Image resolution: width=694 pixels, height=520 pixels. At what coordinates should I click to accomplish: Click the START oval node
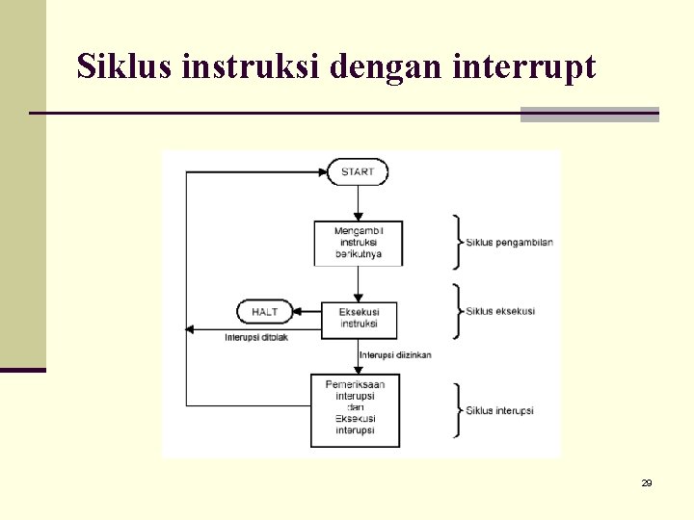click(x=358, y=172)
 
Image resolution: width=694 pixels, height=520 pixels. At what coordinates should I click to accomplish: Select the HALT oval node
click(x=264, y=312)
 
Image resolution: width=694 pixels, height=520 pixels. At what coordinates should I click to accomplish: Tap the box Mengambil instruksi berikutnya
click(x=359, y=243)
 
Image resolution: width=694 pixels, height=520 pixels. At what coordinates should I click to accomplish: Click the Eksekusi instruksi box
click(x=359, y=318)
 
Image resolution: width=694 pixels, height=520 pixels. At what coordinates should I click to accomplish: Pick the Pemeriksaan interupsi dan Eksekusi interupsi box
click(x=355, y=410)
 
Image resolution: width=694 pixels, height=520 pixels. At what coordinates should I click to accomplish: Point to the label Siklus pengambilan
click(x=509, y=243)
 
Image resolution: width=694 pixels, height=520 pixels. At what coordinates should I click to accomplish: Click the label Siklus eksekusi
click(x=500, y=311)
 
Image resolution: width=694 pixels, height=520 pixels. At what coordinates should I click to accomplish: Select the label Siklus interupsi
click(x=499, y=411)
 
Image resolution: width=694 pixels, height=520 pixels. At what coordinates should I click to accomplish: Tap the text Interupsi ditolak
click(x=256, y=337)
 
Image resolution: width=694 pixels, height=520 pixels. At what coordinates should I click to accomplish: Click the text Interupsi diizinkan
click(x=395, y=355)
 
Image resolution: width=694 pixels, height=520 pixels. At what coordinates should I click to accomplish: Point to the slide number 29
click(x=647, y=482)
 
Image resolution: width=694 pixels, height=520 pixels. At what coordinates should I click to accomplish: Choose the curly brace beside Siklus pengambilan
click(x=458, y=242)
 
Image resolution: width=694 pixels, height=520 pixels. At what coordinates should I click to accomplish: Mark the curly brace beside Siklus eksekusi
click(x=458, y=311)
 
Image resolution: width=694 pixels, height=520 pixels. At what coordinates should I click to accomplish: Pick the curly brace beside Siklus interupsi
click(x=458, y=411)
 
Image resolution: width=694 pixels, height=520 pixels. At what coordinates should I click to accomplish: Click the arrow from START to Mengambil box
click(x=358, y=203)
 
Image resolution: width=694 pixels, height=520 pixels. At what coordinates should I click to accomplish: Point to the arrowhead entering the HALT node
click(x=296, y=312)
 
